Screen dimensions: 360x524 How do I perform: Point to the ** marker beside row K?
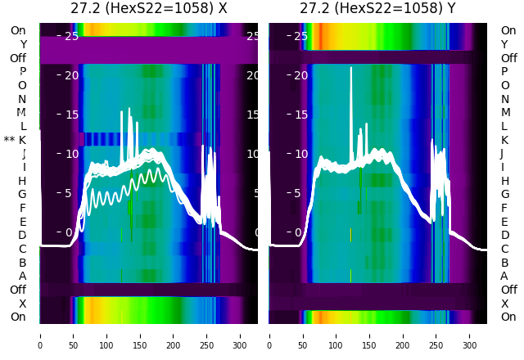(9, 140)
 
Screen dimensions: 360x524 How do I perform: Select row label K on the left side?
(23, 140)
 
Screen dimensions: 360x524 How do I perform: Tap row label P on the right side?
(505, 72)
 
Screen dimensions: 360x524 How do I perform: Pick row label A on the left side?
(23, 277)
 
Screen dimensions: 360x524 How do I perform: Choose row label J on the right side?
(502, 154)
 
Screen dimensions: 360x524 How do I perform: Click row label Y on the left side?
(23, 44)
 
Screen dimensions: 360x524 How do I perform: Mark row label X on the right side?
(504, 304)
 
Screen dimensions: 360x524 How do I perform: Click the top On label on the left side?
(18, 30)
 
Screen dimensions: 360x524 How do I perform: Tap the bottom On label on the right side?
(508, 317)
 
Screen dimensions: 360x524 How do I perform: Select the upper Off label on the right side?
(508, 58)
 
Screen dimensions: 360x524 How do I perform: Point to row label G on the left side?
(22, 195)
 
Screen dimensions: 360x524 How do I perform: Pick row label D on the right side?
(505, 236)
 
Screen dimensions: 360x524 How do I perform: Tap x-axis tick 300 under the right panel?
(470, 335)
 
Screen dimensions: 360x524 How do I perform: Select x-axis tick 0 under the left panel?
(40, 335)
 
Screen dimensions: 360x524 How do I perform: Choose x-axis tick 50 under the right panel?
(303, 335)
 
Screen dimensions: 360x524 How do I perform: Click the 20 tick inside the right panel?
(300, 75)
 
